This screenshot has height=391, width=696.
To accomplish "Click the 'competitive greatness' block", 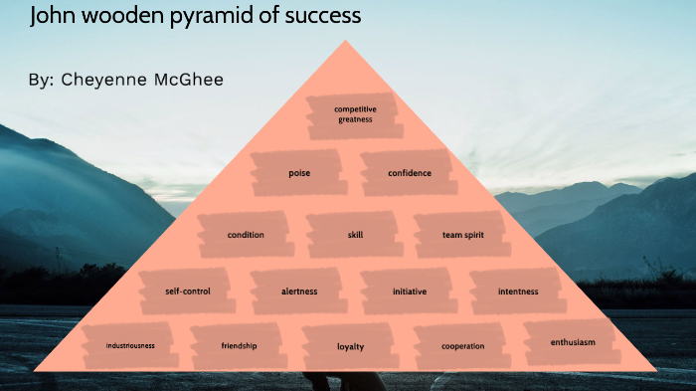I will (x=354, y=114).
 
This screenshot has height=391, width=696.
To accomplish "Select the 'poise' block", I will (x=299, y=173).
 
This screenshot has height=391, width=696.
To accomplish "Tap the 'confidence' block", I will (x=410, y=173).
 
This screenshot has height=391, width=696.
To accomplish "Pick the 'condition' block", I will (x=246, y=235).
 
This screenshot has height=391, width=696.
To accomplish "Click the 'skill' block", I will (x=355, y=235).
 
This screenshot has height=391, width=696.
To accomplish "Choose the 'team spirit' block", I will (x=462, y=235).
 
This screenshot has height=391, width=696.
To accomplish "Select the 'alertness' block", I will (x=299, y=292).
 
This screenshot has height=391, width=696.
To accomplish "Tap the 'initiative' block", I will (x=410, y=292).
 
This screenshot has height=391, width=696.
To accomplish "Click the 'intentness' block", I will (x=518, y=292).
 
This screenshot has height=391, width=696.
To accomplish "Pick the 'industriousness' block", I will (x=130, y=345).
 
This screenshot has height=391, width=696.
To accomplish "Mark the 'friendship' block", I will (x=239, y=345).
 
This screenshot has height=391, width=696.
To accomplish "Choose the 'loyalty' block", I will (x=351, y=346).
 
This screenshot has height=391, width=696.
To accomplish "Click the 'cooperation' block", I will (x=463, y=346).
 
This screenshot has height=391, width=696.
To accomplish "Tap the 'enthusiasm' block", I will (x=573, y=342).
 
